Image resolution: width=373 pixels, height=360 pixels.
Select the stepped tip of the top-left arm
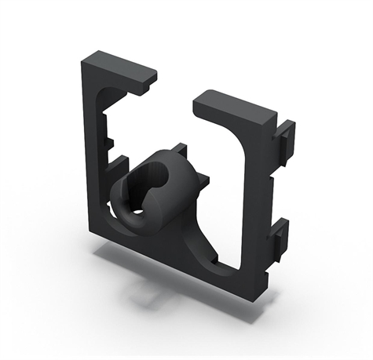(150, 75)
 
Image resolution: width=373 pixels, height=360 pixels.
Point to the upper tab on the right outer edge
(285, 136)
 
